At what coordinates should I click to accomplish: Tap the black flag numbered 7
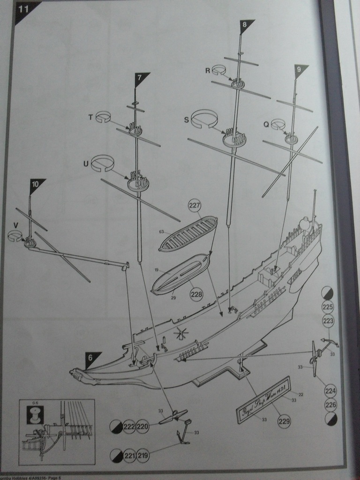coord(140,78)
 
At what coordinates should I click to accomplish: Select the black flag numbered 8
coord(245,25)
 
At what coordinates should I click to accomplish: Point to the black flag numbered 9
coord(300,71)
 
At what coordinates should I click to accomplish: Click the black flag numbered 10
coord(36,185)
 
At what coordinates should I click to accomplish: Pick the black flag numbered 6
coord(92,359)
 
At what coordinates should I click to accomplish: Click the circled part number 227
coord(195,205)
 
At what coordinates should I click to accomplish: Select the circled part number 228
coord(196,294)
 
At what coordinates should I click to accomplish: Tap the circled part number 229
coord(284,421)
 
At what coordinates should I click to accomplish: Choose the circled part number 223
coord(329,321)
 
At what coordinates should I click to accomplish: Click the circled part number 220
coord(143,427)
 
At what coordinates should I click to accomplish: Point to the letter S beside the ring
coord(186,120)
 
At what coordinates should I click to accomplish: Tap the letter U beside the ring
coord(85,164)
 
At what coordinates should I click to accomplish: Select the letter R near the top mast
coord(208,70)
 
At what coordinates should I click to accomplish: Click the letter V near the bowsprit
coord(15,225)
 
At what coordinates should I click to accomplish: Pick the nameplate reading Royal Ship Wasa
coord(263,406)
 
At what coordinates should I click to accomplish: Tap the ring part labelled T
coord(103,117)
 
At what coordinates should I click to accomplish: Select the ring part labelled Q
coord(278,124)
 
